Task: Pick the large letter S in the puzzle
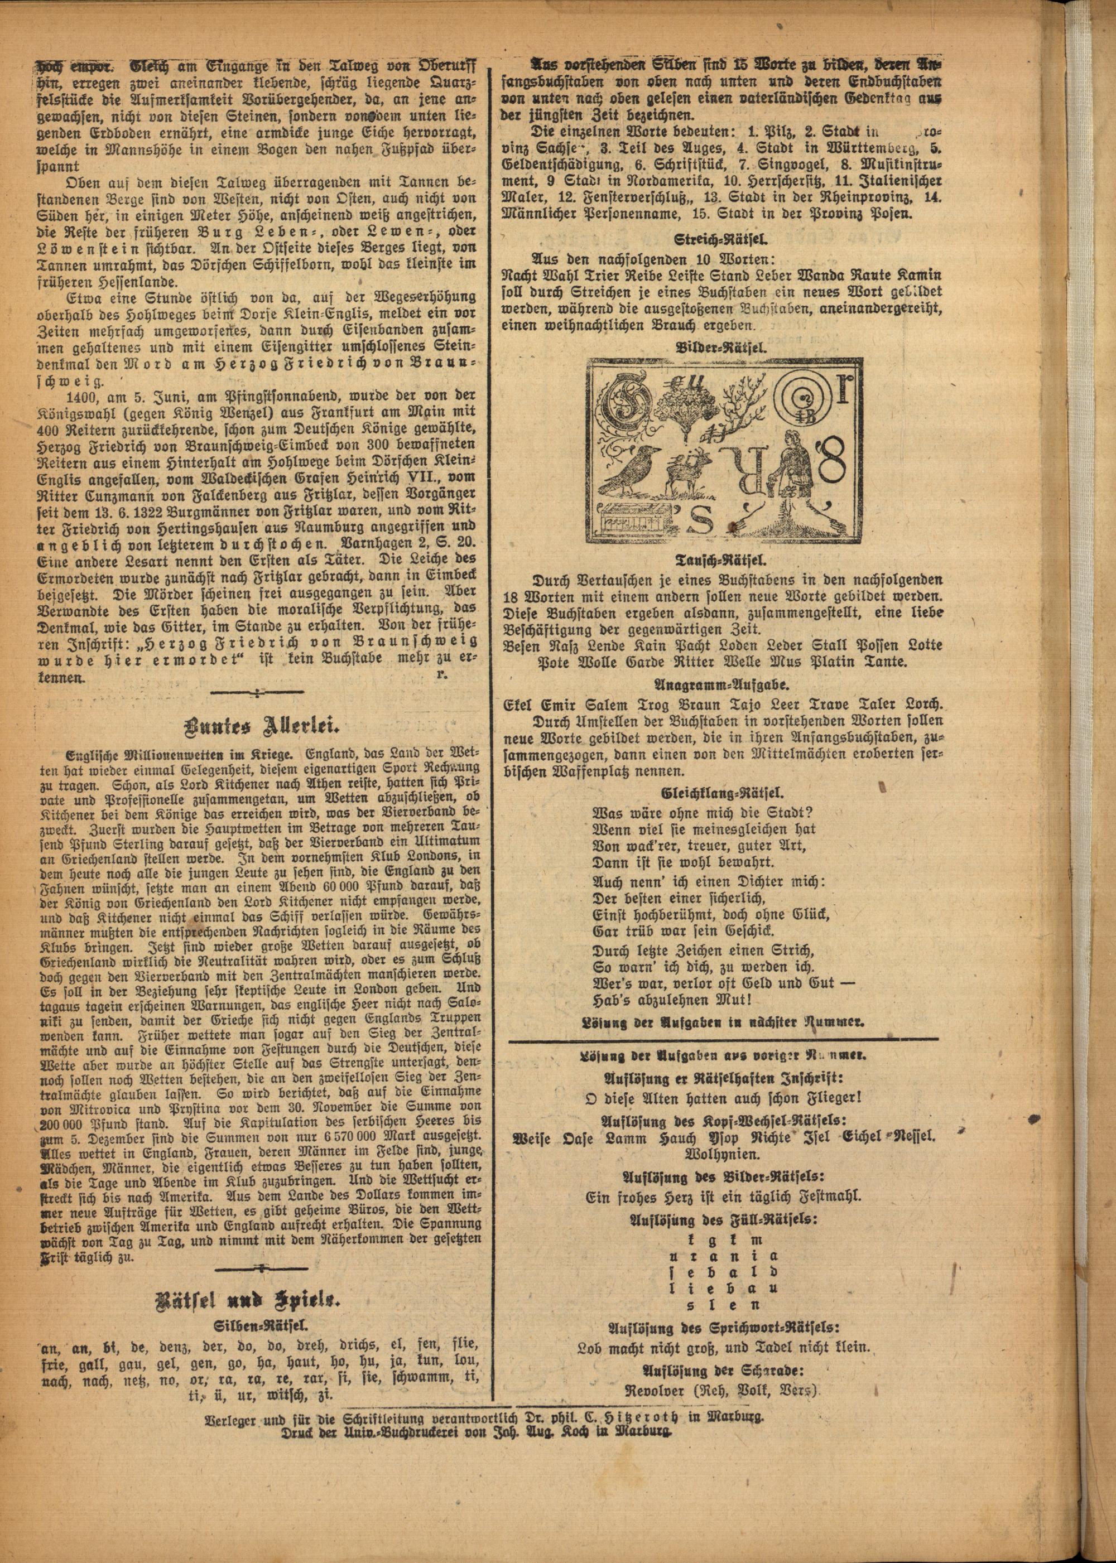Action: point(714,524)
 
